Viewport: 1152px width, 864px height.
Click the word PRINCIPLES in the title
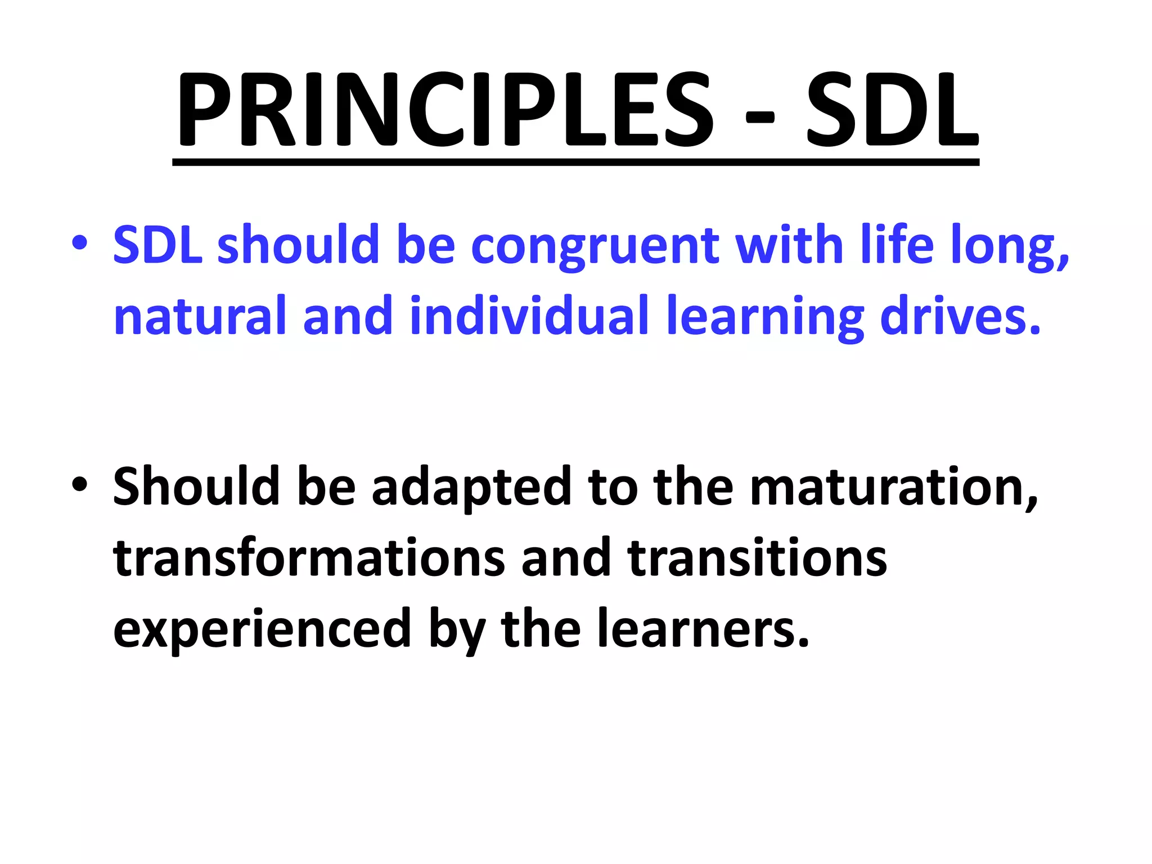[x=444, y=110]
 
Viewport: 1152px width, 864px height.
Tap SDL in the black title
[x=892, y=110]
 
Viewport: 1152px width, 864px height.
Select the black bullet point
[x=79, y=484]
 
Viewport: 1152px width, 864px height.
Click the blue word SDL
[x=157, y=245]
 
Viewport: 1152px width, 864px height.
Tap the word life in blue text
[x=897, y=245]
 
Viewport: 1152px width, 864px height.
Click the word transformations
[x=309, y=558]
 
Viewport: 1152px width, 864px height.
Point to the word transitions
[x=757, y=558]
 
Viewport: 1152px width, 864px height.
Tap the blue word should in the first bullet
[x=299, y=245]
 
